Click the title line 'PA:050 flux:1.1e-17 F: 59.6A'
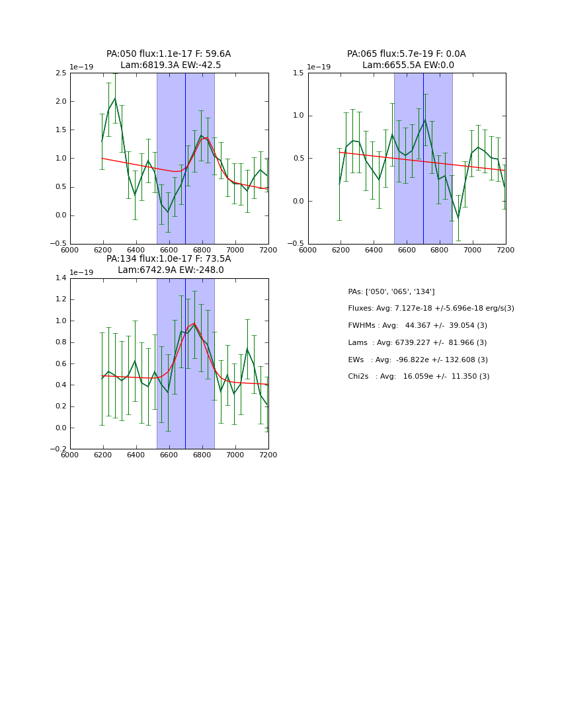tap(169, 54)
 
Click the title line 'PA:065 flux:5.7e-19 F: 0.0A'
tap(406, 54)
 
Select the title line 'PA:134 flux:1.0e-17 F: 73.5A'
tap(169, 259)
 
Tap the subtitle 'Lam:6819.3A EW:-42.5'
tap(171, 65)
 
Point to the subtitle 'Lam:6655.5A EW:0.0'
tap(408, 65)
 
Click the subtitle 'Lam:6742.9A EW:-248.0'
tap(171, 270)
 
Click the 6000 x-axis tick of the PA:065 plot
tap(308, 250)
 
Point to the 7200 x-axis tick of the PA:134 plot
tap(268, 455)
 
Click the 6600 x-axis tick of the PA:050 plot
tap(169, 250)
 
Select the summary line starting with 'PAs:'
tap(391, 291)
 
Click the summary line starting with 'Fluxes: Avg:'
tap(430, 309)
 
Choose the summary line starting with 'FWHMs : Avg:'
tap(417, 326)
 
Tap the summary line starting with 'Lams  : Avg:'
tap(417, 343)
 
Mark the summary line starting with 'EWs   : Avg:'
tap(418, 360)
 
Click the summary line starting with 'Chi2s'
tap(419, 377)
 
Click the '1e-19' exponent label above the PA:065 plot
tap(319, 67)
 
